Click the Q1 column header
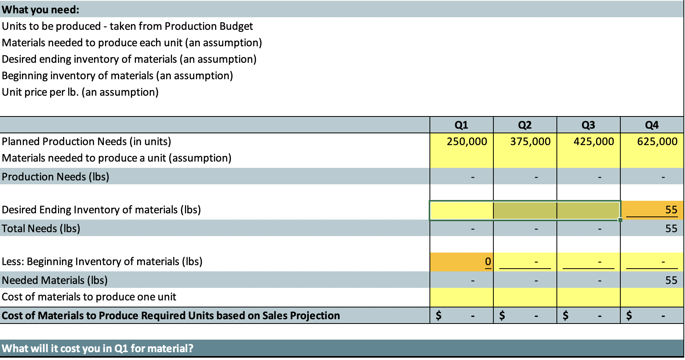tap(461, 125)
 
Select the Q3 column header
tap(588, 125)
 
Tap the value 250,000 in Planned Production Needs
tap(467, 142)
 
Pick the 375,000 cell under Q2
tap(530, 142)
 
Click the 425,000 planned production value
tap(594, 142)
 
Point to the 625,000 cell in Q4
tap(657, 142)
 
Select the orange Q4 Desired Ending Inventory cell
tap(652, 210)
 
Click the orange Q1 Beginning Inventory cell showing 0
tap(462, 262)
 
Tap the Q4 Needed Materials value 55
tap(671, 280)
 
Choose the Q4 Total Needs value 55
tap(671, 229)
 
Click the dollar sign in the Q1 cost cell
tap(439, 315)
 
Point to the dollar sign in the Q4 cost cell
tap(629, 315)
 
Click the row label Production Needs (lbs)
tap(56, 177)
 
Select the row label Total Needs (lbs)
tap(41, 229)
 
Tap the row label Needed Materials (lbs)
tap(55, 280)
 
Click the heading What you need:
tap(41, 10)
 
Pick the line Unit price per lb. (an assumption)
tap(80, 92)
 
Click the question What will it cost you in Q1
tap(98, 348)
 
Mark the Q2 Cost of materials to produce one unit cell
tap(525, 297)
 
